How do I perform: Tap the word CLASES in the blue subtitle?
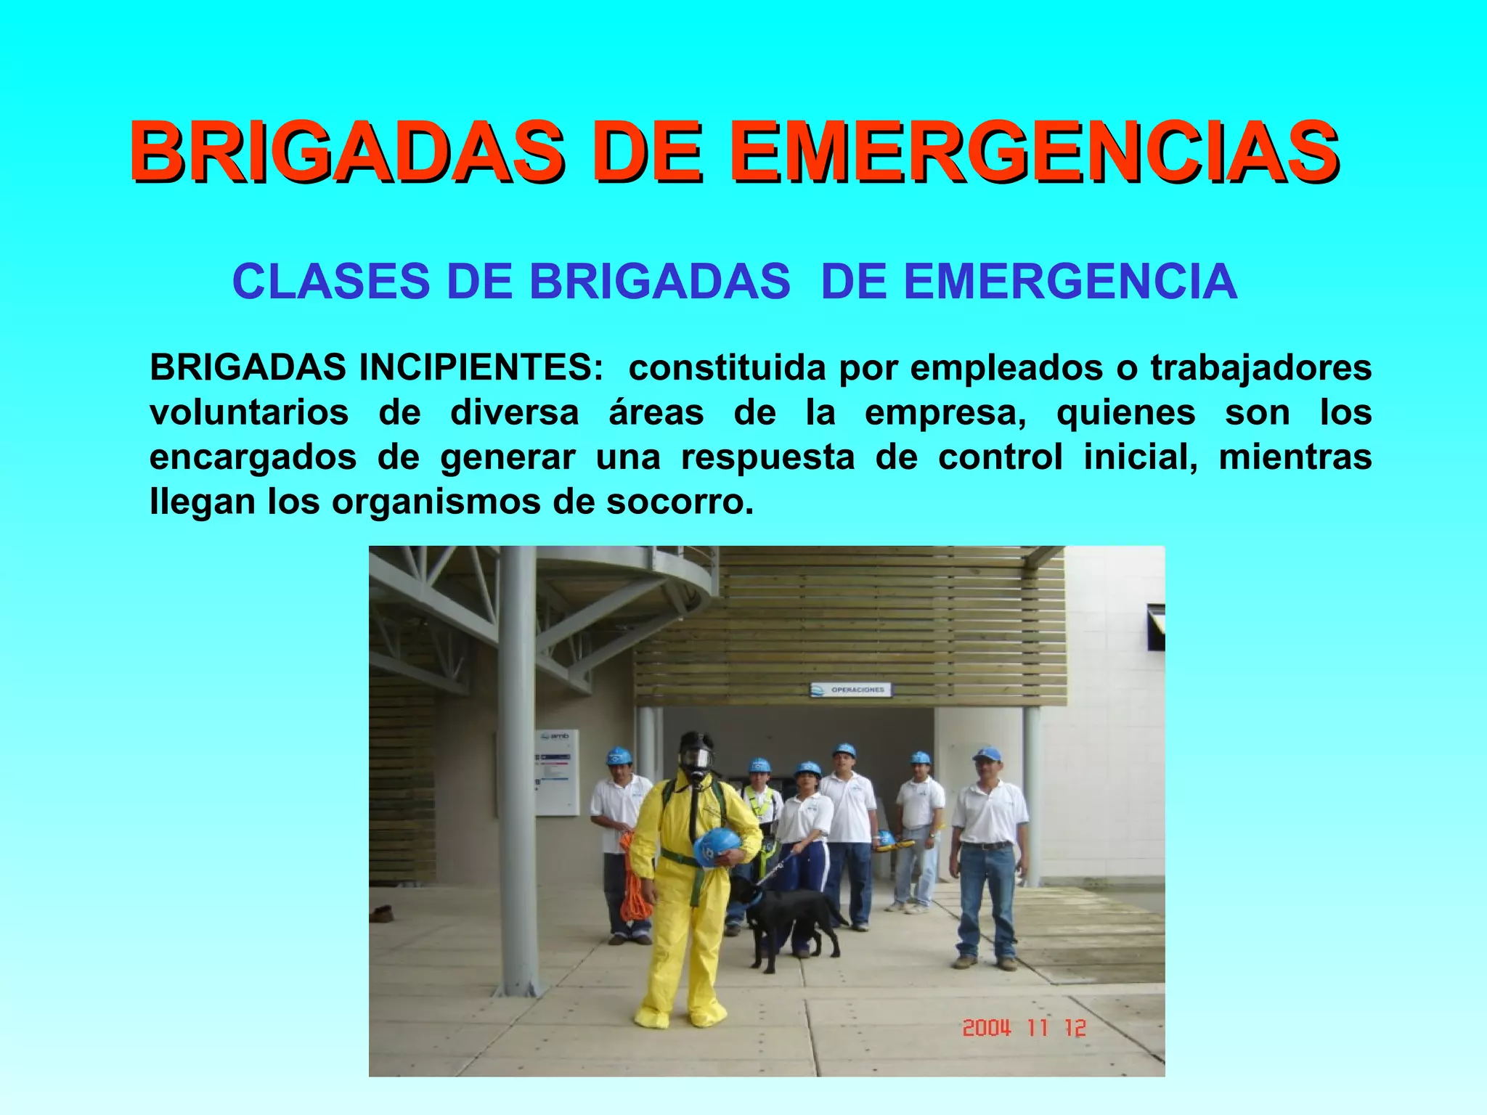(331, 282)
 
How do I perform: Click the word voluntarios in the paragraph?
(249, 413)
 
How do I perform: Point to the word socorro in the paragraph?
(680, 502)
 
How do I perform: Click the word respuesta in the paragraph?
(767, 457)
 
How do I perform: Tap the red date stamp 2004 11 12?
(1024, 1028)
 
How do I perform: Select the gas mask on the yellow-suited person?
(696, 759)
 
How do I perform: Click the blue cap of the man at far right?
(987, 754)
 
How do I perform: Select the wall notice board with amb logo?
(557, 772)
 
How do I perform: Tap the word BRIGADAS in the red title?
(346, 152)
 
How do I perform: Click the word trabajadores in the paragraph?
(1260, 368)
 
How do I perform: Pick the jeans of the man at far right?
(985, 900)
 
